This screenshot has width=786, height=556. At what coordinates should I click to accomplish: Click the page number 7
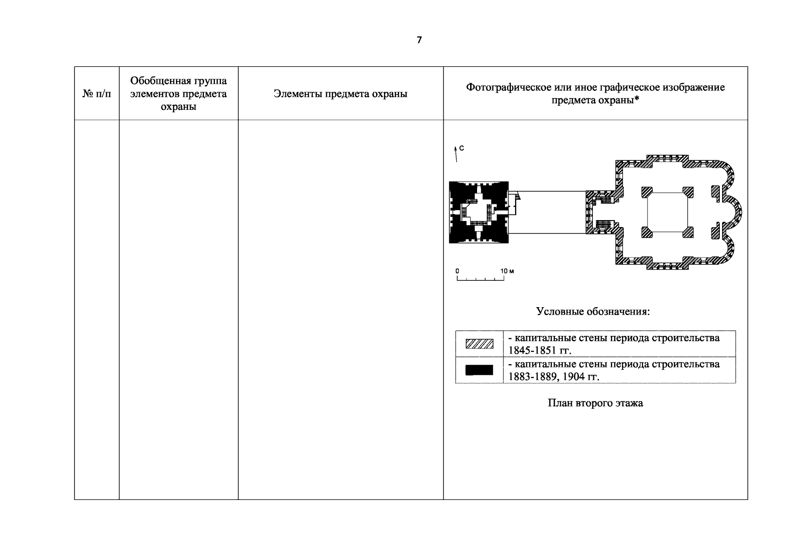point(419,40)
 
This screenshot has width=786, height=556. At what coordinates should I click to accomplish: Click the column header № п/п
point(97,94)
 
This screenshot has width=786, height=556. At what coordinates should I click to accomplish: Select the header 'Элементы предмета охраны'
point(340,94)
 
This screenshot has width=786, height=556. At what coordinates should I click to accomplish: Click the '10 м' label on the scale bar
point(507,271)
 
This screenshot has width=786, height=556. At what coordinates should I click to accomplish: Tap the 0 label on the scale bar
point(457,271)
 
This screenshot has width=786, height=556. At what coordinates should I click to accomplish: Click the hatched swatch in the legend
point(479,344)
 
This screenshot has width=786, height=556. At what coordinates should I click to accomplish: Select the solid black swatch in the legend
point(479,370)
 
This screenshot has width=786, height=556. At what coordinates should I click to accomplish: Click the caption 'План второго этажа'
point(595,403)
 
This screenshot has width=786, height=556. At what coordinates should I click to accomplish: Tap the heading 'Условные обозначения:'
point(593,311)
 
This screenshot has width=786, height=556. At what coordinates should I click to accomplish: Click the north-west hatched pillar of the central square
point(647,191)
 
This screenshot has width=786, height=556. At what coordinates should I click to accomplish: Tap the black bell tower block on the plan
point(479,212)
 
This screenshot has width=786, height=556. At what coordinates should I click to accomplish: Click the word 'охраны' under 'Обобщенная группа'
point(178,107)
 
